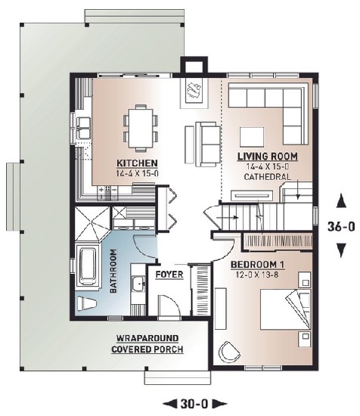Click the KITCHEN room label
click(x=137, y=163)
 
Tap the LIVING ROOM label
click(x=268, y=157)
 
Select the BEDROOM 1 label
click(x=257, y=265)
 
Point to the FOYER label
click(x=169, y=275)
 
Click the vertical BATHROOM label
click(x=113, y=271)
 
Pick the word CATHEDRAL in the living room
click(x=267, y=177)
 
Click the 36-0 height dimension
click(x=341, y=227)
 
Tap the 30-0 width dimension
click(x=194, y=404)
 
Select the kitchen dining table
click(x=141, y=128)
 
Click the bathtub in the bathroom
click(x=88, y=265)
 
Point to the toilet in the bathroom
click(x=86, y=303)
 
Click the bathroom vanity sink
click(x=138, y=284)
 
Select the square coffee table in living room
click(x=252, y=137)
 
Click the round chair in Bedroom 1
click(x=228, y=351)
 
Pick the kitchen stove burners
click(x=107, y=193)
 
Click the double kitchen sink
click(x=83, y=129)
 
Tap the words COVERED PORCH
click(x=147, y=349)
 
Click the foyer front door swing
click(x=169, y=305)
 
